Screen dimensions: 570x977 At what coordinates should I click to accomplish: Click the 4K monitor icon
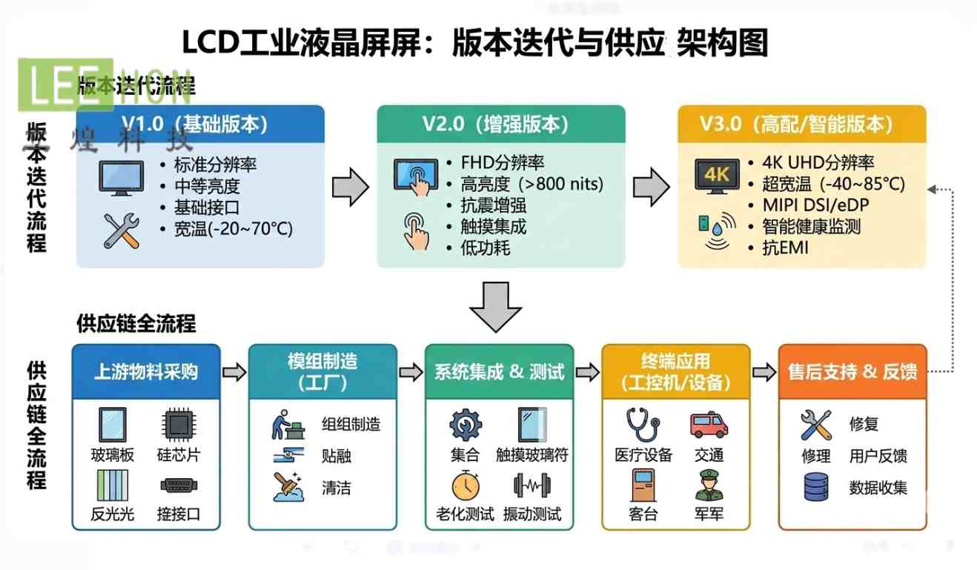point(717,176)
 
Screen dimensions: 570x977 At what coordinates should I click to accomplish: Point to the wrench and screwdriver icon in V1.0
point(122,231)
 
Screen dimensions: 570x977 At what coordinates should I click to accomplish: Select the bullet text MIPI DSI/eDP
point(818,205)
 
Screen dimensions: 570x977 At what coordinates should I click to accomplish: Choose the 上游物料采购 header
point(146,371)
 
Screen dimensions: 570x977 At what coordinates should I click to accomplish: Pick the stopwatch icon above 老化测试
point(465,486)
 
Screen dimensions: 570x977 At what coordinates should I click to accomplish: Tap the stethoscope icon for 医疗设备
point(642,425)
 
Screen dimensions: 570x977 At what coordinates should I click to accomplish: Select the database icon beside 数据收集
point(816,487)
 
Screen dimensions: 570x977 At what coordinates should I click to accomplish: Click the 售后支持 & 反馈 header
point(852,371)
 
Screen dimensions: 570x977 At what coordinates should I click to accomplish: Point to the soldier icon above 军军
point(709,486)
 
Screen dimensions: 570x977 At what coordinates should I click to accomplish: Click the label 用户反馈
point(878,456)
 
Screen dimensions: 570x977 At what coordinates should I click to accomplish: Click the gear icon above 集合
point(465,425)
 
